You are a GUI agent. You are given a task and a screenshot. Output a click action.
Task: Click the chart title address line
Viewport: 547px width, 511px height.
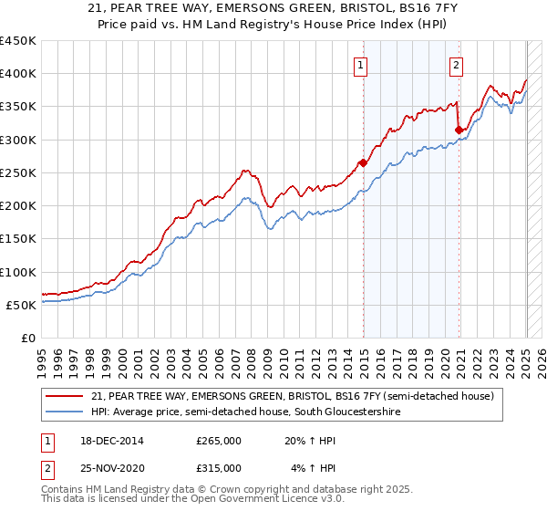[273, 9]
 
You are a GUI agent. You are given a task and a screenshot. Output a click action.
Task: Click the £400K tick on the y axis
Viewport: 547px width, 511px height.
[18, 74]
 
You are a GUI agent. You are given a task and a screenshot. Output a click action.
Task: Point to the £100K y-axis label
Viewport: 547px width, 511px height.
[18, 272]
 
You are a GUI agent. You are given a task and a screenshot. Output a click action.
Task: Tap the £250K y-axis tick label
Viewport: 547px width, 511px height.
[18, 172]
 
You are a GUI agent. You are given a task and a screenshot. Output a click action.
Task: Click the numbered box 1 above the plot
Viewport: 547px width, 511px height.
[362, 65]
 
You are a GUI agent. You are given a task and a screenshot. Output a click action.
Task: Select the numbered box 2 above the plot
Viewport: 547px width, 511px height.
[455, 65]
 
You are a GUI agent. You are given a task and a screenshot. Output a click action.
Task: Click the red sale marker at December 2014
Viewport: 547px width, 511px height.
[363, 163]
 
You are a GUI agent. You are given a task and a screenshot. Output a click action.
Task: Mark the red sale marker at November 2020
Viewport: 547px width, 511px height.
[459, 130]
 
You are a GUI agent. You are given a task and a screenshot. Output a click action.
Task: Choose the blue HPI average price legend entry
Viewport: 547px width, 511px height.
[246, 412]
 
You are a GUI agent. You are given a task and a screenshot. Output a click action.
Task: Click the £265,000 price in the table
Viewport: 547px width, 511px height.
[219, 441]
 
